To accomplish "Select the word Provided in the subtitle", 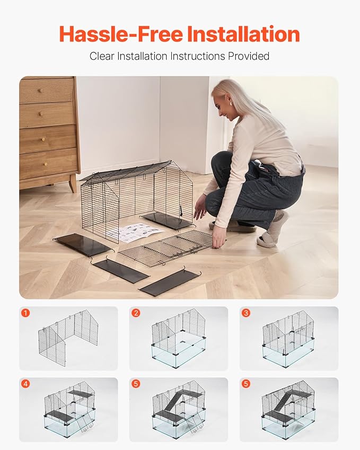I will pyautogui.click(x=247, y=56).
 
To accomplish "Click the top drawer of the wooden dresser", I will pyautogui.click(x=47, y=91).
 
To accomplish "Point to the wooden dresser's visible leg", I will pyautogui.click(x=72, y=183).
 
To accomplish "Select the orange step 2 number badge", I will pyautogui.click(x=136, y=313).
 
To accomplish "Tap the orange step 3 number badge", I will pyautogui.click(x=246, y=313).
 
